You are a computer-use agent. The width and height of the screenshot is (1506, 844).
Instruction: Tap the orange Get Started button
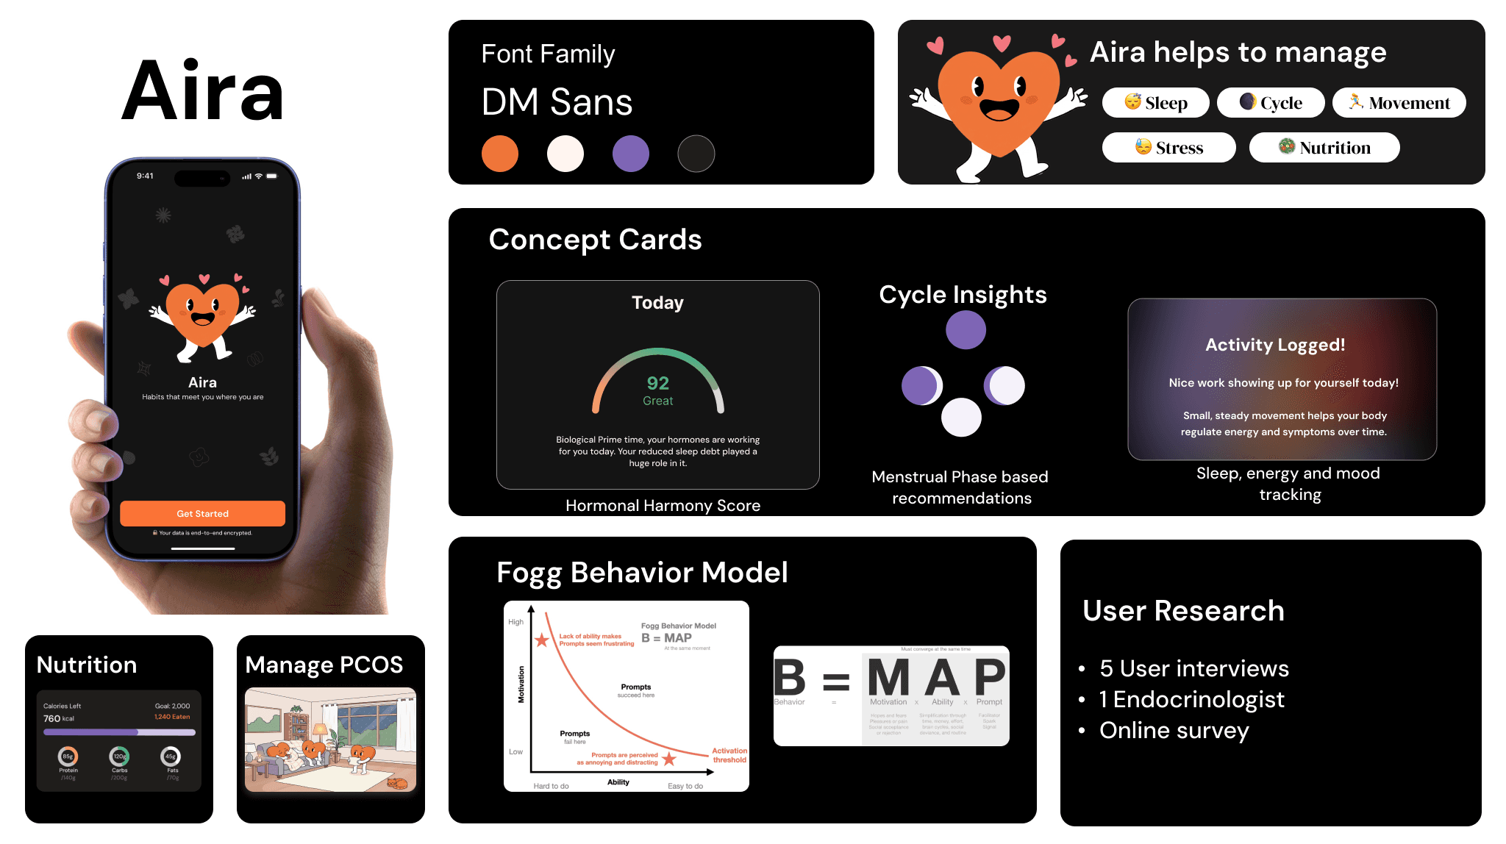pyautogui.click(x=202, y=513)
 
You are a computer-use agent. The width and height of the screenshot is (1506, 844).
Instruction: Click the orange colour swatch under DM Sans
pyautogui.click(x=500, y=154)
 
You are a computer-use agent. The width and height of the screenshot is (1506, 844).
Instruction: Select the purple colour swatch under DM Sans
pyautogui.click(x=631, y=154)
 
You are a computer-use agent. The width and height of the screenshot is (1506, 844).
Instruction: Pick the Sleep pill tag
pyautogui.click(x=1155, y=103)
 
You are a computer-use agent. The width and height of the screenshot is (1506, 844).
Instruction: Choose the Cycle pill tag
pyautogui.click(x=1271, y=103)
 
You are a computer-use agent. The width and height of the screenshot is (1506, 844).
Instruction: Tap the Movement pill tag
pyautogui.click(x=1399, y=103)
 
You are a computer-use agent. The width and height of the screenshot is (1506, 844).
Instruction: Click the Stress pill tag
pyautogui.click(x=1168, y=148)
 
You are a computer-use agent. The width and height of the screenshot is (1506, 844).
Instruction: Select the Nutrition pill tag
pyautogui.click(x=1324, y=148)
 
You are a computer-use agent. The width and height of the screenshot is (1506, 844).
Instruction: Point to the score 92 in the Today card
pyautogui.click(x=658, y=383)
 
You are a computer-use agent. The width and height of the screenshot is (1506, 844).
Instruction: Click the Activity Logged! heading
pyautogui.click(x=1275, y=345)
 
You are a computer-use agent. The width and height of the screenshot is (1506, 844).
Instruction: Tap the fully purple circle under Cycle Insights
pyautogui.click(x=966, y=330)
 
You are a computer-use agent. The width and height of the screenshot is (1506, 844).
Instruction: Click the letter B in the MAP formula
pyautogui.click(x=790, y=677)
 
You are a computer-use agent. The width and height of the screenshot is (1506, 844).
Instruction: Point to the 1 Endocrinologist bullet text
pyautogui.click(x=1191, y=699)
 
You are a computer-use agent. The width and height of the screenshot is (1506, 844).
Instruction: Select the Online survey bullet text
pyautogui.click(x=1174, y=730)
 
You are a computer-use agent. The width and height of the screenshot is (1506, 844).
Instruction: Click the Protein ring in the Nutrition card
pyautogui.click(x=68, y=756)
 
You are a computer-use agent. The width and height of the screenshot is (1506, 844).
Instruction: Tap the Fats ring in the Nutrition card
pyautogui.click(x=171, y=756)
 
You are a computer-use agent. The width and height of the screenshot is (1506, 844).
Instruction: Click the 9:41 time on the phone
pyautogui.click(x=145, y=176)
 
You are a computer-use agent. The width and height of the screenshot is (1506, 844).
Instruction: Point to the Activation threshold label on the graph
pyautogui.click(x=729, y=755)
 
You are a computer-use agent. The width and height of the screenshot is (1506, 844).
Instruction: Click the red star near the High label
pyautogui.click(x=542, y=640)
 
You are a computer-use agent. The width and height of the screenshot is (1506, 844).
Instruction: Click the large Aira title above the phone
pyautogui.click(x=203, y=92)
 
